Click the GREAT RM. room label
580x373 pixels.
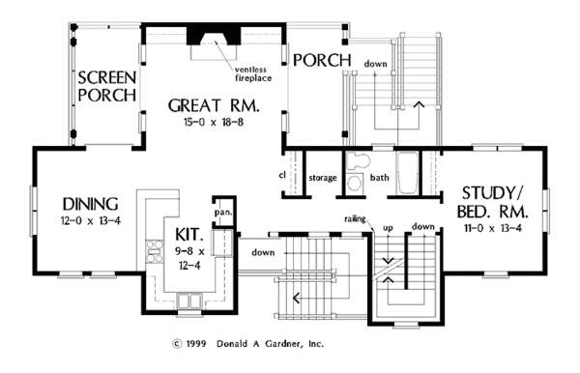214,105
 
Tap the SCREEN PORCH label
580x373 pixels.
107,87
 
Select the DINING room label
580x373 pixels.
90,204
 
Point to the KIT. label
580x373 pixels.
189,235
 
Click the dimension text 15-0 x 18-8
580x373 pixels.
214,122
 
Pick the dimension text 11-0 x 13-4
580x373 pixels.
493,228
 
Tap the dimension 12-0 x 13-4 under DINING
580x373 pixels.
91,221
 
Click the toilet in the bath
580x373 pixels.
358,160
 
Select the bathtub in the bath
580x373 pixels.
407,173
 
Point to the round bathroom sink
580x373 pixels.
356,183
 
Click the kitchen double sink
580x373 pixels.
189,301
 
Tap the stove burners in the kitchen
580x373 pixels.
155,251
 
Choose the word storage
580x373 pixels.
323,178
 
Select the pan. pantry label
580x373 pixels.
223,213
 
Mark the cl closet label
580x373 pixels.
282,175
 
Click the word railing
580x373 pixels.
355,219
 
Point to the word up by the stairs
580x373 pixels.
388,228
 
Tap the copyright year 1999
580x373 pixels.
196,344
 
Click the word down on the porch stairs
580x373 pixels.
375,64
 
